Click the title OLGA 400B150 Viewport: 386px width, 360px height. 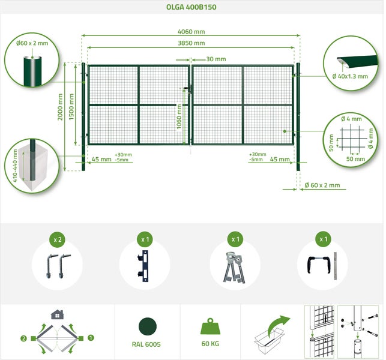tap(191, 7)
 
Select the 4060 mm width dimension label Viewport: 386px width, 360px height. tap(191, 31)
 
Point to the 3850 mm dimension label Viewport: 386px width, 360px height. tap(191, 43)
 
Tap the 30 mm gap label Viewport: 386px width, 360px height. tap(216, 59)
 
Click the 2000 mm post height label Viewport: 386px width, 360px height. tap(60, 107)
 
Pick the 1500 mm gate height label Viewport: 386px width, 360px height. tap(71, 107)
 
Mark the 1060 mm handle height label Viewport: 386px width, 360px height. tap(179, 116)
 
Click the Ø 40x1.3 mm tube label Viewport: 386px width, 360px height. tap(350, 76)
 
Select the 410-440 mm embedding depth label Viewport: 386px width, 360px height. tap(15, 166)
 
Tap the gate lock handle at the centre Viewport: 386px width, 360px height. tap(188, 88)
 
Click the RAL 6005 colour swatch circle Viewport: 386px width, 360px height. tap(148, 326)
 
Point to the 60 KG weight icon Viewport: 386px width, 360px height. tap(210, 326)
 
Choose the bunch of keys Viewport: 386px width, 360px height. tap(234, 267)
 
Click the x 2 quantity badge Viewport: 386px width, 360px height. tap(58, 239)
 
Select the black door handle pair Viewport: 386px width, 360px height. tap(318, 265)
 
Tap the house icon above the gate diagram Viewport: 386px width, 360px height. tap(57, 314)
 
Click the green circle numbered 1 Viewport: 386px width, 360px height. tap(91, 338)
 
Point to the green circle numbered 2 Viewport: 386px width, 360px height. tap(23, 338)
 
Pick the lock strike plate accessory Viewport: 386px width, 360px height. tap(143, 266)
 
